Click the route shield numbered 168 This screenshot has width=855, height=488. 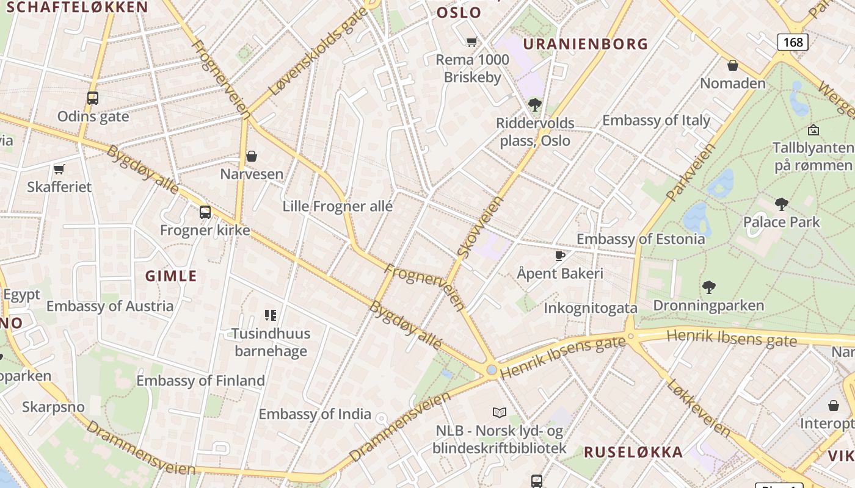pos(793,42)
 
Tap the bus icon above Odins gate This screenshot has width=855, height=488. pos(93,98)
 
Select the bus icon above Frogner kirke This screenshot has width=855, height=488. pos(205,212)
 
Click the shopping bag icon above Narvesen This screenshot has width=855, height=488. pos(252,156)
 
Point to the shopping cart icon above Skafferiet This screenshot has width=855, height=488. pos(59,169)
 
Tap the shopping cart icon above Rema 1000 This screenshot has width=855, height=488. pos(471,42)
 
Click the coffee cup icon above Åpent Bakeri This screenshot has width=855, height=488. pos(559,256)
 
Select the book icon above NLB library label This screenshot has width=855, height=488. pos(500,413)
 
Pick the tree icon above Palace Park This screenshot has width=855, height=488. pos(781,204)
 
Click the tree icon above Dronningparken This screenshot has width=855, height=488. pos(708,287)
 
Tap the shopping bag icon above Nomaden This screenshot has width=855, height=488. pos(733,65)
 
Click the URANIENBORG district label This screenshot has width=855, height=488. pos(586,44)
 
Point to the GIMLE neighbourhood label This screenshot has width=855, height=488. pos(171,276)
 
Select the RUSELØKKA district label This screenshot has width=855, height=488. pos(633,452)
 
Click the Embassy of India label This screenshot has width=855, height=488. pos(315,414)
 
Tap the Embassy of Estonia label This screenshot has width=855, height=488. pos(641,239)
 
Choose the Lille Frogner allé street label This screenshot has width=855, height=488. pos(338,206)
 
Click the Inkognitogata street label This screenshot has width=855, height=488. pos(591,308)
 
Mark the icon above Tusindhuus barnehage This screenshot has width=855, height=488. pos(271,315)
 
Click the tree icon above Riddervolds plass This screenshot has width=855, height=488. pos(535,105)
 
